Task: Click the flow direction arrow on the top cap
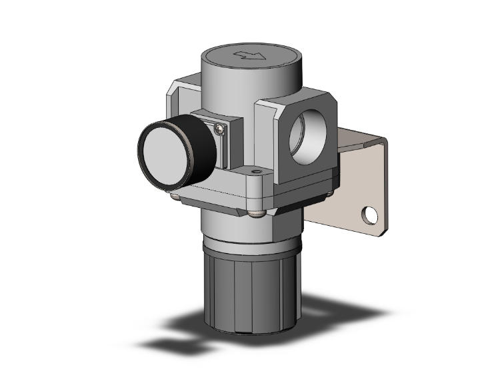click(x=253, y=54)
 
